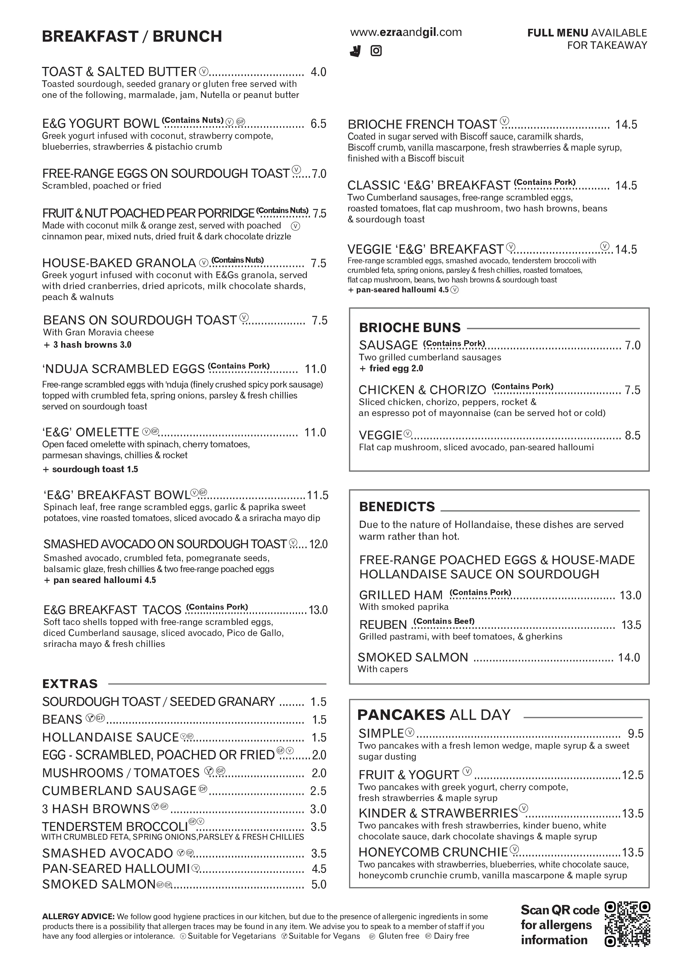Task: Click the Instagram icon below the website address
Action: [376, 51]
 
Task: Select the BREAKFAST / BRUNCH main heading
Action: [132, 36]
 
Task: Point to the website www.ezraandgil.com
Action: [406, 32]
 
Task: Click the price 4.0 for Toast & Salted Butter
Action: [318, 72]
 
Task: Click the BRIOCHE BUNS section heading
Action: [409, 328]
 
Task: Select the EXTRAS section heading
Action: [70, 684]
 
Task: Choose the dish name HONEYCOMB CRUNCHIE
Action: [433, 852]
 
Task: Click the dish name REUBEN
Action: [383, 625]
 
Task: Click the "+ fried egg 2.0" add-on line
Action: [391, 368]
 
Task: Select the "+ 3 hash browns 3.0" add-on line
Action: [87, 345]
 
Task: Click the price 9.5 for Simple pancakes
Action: [635, 734]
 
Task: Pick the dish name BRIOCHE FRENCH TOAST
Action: [422, 125]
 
